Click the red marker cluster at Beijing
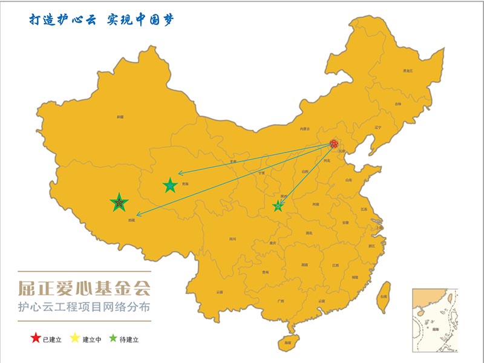coord(334,144)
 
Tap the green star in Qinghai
coord(170,186)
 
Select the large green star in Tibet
coord(119,203)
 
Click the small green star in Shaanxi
coord(278,206)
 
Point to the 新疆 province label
coord(120,116)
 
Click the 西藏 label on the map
coord(132,220)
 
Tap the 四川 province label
coord(232,239)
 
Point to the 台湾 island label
coord(383,296)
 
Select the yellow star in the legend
coord(75,338)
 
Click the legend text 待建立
coord(128,339)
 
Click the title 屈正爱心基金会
coord(84,286)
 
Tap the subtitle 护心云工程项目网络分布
coord(84,307)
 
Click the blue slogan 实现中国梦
coord(140,19)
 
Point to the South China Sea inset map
coord(434,319)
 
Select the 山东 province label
coord(348,180)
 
